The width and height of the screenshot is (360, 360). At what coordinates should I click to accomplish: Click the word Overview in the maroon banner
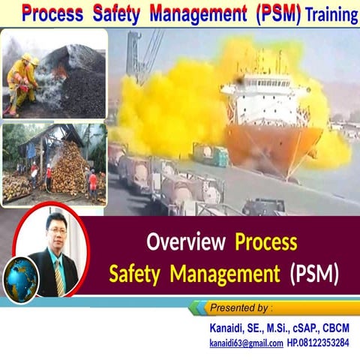(186, 242)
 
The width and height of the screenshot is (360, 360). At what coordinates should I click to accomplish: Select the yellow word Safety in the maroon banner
(137, 274)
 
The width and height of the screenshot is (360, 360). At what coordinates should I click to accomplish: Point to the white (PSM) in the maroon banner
(314, 274)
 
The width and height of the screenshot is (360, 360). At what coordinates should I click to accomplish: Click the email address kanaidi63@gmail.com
(245, 343)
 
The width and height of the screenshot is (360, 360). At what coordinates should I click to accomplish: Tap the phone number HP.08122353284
(317, 343)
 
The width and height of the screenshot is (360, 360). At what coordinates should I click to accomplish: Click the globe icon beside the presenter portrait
(20, 278)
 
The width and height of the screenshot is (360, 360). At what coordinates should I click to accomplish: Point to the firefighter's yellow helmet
(26, 58)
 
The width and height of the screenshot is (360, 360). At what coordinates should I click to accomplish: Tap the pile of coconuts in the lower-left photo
(67, 169)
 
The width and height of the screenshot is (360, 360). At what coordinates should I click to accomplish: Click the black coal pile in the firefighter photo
(82, 90)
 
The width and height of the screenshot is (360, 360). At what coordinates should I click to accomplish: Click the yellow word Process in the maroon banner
(266, 242)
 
